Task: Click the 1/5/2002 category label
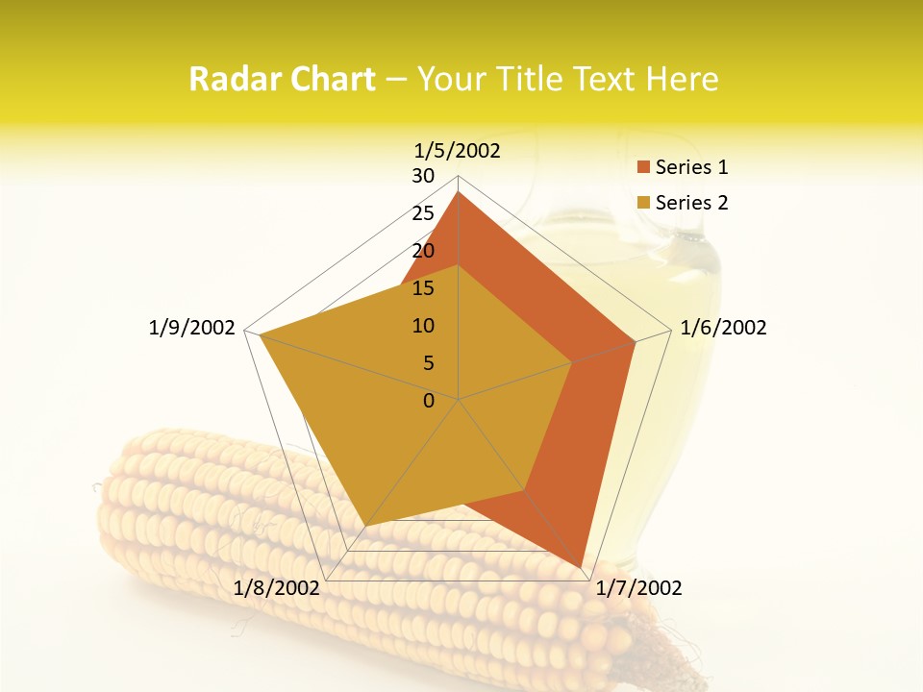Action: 458,151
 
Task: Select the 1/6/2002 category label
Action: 723,328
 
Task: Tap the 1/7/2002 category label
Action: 638,588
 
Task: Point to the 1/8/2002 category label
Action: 277,588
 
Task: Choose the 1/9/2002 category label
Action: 192,328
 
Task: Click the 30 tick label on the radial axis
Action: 423,176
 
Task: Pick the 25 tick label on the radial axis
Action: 423,213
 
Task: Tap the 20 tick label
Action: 423,251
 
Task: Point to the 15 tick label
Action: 423,288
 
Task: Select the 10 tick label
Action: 423,326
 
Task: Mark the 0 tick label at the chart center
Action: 429,401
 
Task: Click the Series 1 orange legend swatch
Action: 643,167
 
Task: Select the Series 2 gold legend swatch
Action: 643,203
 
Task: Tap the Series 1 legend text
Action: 691,167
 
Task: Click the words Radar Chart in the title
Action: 282,79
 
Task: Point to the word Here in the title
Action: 682,79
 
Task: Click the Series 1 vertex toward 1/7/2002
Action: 581,566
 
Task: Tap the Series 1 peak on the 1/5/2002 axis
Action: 459,192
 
